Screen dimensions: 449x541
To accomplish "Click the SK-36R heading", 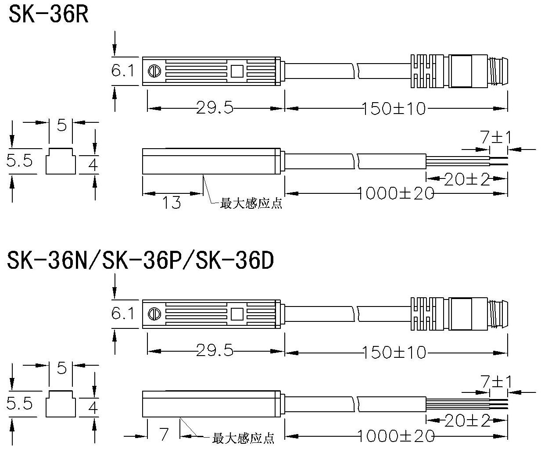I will (x=49, y=14).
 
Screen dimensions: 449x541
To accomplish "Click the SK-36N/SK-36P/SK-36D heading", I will (x=140, y=261).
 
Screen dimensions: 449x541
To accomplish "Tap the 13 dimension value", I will (x=172, y=203).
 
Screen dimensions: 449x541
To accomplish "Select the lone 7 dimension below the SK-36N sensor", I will (x=164, y=435).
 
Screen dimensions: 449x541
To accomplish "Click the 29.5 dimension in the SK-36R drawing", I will (x=215, y=108).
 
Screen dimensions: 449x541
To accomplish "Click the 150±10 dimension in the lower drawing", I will (x=394, y=352).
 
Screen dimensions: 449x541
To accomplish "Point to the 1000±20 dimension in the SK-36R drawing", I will (x=395, y=193).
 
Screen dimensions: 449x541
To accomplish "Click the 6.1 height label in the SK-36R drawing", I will (x=123, y=70).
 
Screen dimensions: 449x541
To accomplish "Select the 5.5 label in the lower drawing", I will (x=20, y=403).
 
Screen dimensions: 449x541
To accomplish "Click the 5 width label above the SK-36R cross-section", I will (x=61, y=125).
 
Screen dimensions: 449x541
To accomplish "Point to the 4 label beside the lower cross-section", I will (x=93, y=408).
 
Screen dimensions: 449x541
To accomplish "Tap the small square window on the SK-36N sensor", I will (x=237, y=314).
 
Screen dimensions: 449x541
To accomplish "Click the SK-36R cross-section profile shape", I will (x=61, y=161).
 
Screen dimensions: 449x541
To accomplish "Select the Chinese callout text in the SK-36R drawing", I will (x=251, y=204).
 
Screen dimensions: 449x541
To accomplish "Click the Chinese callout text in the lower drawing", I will (x=243, y=438).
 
